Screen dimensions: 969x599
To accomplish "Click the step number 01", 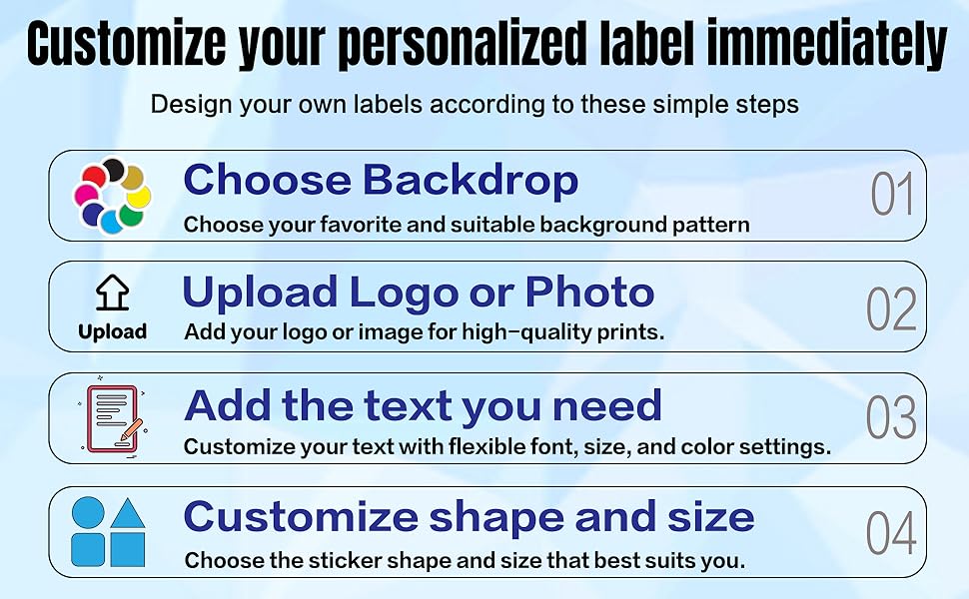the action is [892, 194].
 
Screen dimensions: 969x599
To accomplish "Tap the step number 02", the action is [891, 308].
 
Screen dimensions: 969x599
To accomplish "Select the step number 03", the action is [891, 417].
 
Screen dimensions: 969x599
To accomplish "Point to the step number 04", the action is [891, 532].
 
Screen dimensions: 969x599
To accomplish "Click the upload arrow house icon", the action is [113, 293].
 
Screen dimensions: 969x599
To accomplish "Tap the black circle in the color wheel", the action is [114, 170].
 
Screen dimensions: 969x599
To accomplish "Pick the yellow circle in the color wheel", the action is [139, 198].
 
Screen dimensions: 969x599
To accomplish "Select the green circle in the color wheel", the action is [131, 215].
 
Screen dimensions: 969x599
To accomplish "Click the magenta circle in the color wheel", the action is [86, 195].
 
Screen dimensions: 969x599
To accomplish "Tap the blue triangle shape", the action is [128, 514].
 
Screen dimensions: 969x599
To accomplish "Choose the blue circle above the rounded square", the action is [88, 512].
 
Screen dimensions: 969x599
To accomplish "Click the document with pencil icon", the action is [113, 418].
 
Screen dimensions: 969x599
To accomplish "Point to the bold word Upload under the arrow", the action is [113, 332].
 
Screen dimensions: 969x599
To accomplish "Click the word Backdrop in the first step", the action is [471, 181].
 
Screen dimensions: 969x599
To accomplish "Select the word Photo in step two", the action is [589, 293].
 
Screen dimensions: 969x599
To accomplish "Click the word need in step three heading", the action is [606, 406].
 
